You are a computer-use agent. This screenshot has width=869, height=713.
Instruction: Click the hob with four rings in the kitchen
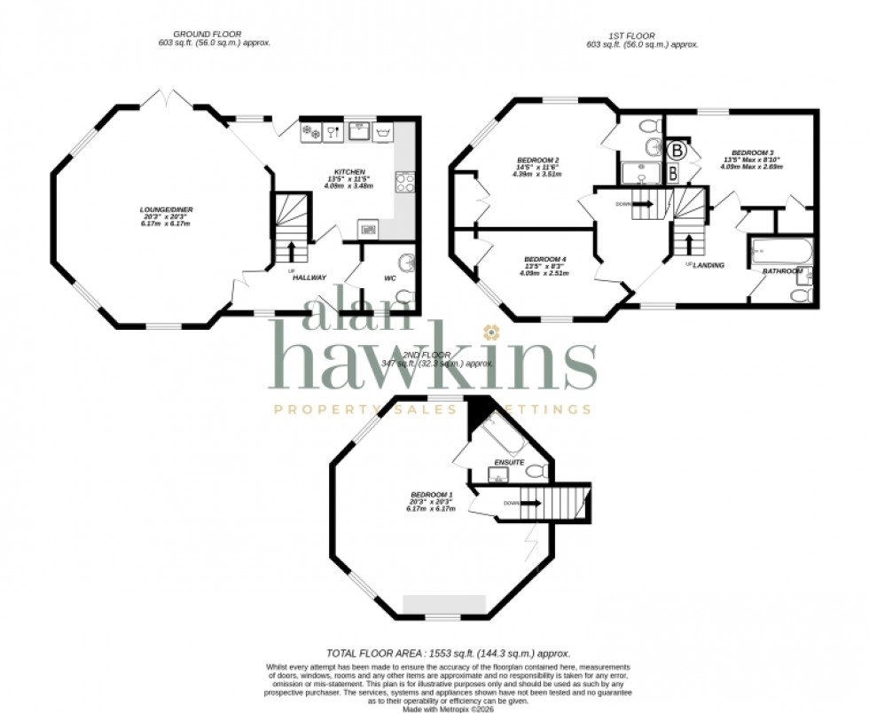point(404,182)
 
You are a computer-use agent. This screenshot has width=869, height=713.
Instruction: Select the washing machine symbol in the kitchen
point(384,133)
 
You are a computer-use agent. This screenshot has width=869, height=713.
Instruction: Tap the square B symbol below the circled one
point(672,172)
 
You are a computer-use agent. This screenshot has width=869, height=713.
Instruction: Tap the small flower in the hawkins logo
point(491,333)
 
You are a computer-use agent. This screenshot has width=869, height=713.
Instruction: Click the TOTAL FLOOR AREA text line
point(447,653)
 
